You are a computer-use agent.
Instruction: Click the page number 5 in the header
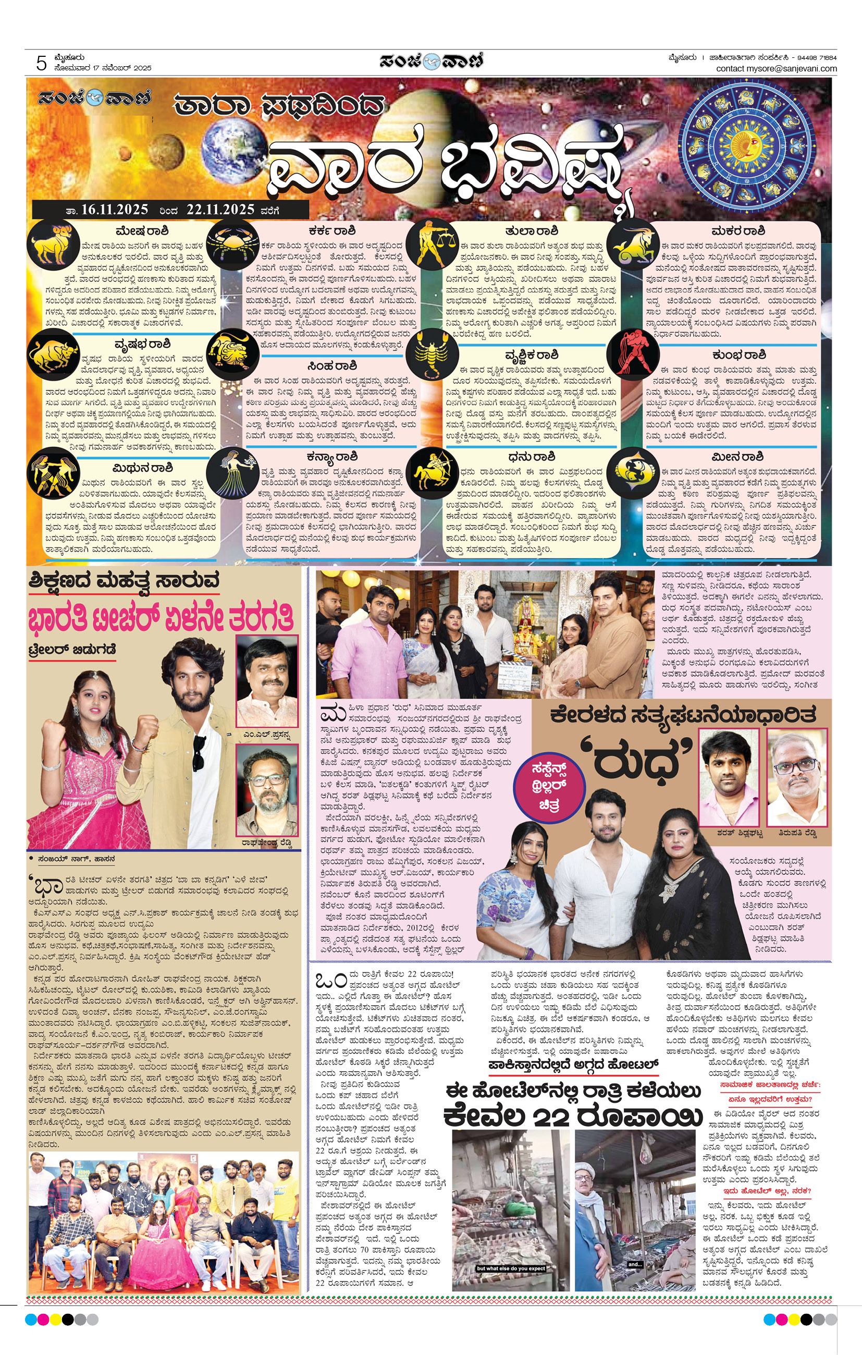(x=41, y=63)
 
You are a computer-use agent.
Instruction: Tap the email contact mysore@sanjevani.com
(x=776, y=69)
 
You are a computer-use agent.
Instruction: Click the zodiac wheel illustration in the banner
(x=748, y=146)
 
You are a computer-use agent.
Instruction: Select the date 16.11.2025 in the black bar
(x=114, y=210)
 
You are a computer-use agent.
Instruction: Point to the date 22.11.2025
(x=220, y=210)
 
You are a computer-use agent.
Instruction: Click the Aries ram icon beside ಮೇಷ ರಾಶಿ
(x=53, y=243)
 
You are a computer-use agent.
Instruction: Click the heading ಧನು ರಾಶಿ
(x=531, y=456)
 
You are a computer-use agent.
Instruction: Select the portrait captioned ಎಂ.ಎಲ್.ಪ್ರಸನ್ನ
(x=266, y=681)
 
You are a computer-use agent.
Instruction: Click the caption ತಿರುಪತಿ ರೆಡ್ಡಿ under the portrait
(x=797, y=832)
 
